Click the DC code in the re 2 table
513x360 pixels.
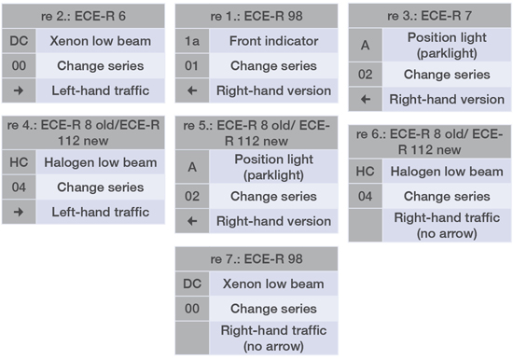coord(19,41)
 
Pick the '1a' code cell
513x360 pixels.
coord(190,41)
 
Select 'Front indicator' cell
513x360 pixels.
coord(269,41)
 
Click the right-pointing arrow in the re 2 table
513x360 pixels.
coord(19,90)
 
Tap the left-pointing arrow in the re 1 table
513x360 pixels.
coord(190,90)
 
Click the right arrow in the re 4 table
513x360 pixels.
coord(19,212)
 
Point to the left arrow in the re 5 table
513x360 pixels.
coord(190,221)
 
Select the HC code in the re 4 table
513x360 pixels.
coord(19,163)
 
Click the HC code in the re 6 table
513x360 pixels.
coord(365,172)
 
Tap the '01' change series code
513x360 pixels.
coord(190,66)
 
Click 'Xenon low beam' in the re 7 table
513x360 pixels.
coord(269,284)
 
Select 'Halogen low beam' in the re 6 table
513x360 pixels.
coord(443,172)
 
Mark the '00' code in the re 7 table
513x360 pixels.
coord(190,309)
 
